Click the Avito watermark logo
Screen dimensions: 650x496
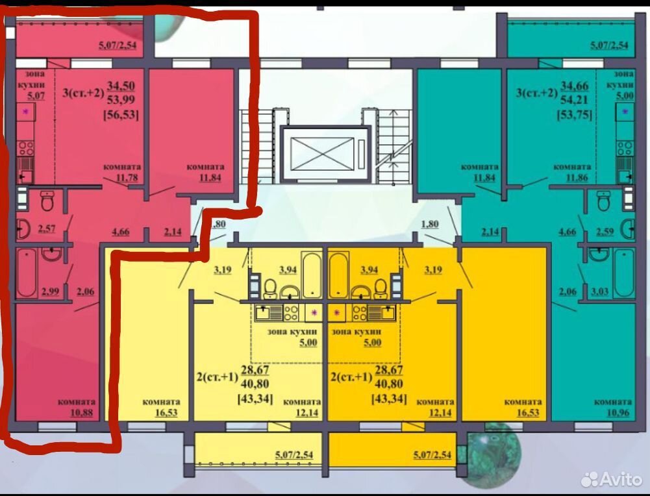coord(612,479)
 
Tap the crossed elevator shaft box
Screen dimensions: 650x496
coord(322,154)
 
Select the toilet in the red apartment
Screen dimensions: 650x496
coord(47,201)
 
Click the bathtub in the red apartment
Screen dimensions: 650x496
coord(27,273)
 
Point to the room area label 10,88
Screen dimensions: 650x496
coord(82,413)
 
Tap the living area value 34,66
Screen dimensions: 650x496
coord(574,86)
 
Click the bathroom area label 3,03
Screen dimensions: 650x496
coord(599,291)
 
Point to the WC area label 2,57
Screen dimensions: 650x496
coord(47,229)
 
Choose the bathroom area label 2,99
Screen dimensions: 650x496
coord(50,291)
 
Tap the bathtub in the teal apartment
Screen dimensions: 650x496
coord(624,273)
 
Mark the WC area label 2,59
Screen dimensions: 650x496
coord(605,232)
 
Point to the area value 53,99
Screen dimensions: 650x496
coord(121,99)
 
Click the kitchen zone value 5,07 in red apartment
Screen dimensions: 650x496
coord(36,95)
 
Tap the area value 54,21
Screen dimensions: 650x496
coord(575,99)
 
